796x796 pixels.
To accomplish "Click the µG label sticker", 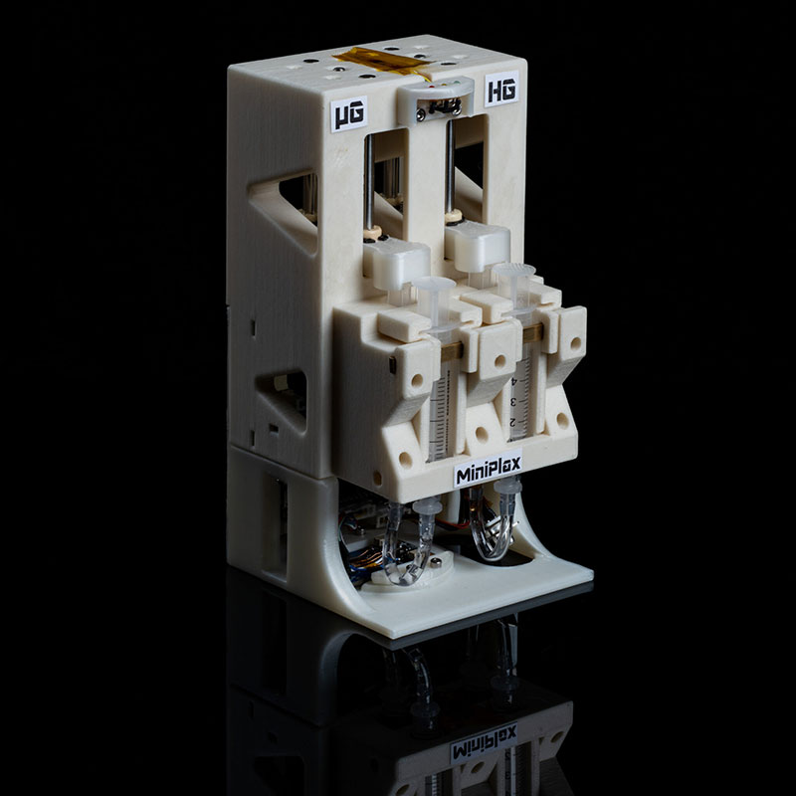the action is pos(349,113).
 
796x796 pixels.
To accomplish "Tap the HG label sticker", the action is pos(501,89).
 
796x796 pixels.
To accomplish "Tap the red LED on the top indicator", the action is pos(432,88).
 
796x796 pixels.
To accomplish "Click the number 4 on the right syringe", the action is pos(514,381).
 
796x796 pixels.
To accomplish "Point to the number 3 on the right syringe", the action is pos(512,402).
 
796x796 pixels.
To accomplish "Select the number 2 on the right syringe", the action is pos(512,422).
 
